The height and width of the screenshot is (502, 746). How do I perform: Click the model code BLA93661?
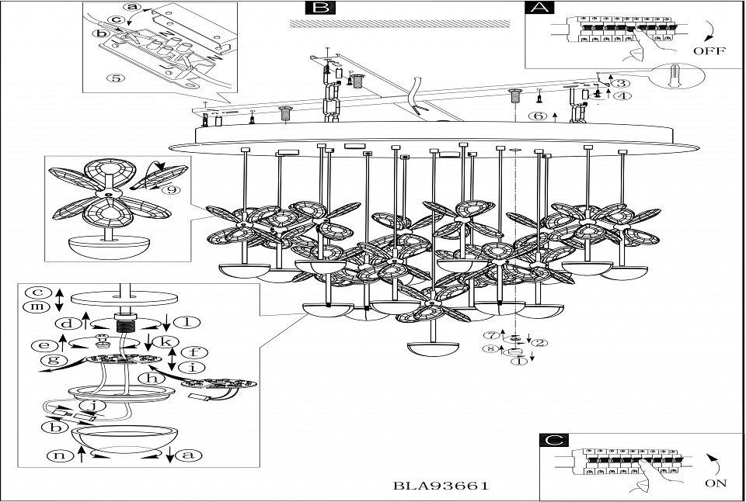point(441,486)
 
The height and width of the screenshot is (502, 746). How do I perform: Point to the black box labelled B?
point(319,9)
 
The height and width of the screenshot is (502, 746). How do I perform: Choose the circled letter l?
point(186,322)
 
